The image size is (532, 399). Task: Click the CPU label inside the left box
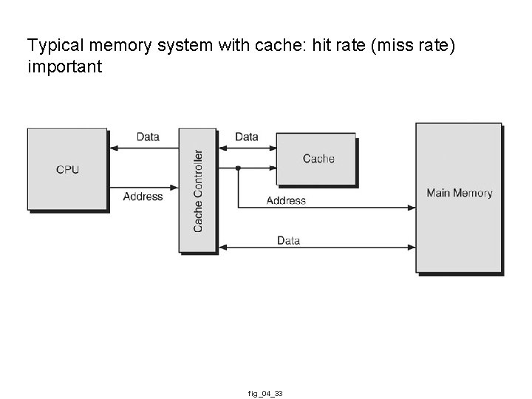(x=67, y=169)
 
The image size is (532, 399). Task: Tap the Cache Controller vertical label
(x=198, y=191)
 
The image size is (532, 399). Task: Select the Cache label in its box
(x=318, y=158)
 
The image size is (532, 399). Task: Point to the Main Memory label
(x=459, y=193)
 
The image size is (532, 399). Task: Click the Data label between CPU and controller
(x=148, y=137)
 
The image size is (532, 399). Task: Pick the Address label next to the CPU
(x=143, y=197)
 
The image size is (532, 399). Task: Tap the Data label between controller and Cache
(x=247, y=137)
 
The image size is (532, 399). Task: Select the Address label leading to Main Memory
(x=286, y=200)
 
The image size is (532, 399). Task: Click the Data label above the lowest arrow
(x=288, y=240)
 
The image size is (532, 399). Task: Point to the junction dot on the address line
(x=238, y=168)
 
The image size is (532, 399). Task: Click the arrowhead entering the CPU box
(x=112, y=149)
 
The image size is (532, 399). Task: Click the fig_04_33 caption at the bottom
(x=265, y=394)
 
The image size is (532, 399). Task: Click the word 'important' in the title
(x=64, y=67)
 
